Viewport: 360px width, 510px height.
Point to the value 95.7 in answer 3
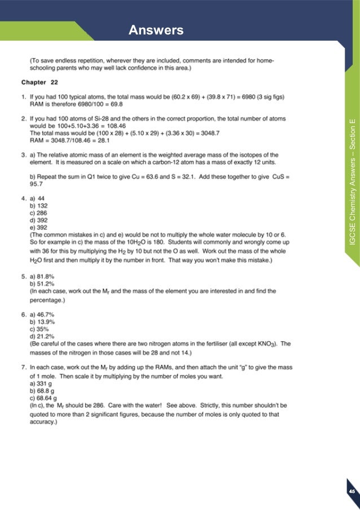(37, 184)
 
